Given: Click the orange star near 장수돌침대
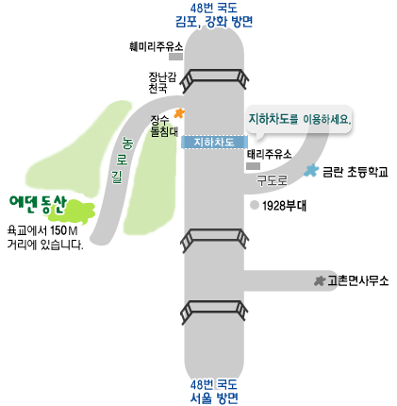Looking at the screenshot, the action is (179, 113).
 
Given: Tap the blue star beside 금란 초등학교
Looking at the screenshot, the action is (311, 170).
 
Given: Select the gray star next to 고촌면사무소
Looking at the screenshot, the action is (320, 280).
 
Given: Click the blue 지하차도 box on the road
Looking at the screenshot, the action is (214, 142).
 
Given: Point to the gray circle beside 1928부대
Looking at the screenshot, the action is (255, 205).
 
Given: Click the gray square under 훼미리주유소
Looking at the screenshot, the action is (175, 57).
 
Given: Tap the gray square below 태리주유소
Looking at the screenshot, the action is (253, 166).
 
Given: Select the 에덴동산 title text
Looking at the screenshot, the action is (38, 204).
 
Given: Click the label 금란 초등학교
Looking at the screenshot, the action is (356, 172).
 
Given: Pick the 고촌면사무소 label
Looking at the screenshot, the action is (358, 280).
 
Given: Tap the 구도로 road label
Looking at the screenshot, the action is (272, 180).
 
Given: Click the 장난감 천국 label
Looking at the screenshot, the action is (162, 82).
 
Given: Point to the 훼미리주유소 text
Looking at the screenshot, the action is (156, 46).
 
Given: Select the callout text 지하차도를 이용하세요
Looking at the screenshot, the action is (300, 119).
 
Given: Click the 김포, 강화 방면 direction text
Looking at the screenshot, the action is (214, 22).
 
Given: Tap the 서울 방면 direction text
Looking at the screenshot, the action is (214, 398).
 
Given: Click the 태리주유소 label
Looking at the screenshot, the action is (269, 154).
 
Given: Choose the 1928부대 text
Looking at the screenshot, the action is (284, 206).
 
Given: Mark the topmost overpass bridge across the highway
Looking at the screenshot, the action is (214, 78).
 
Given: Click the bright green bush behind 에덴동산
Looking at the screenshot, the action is (74, 211).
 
